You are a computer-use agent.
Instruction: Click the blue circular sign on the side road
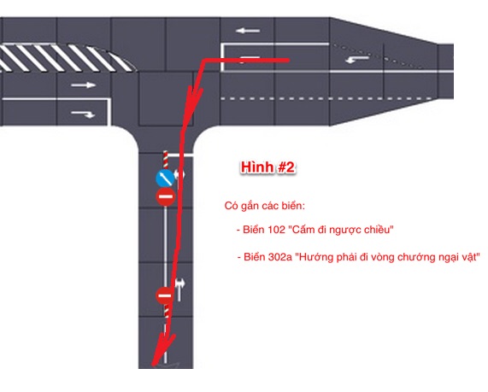pyautogui.click(x=165, y=178)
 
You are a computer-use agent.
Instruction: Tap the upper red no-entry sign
pyautogui.click(x=166, y=196)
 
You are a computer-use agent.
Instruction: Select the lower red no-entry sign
pyautogui.click(x=165, y=295)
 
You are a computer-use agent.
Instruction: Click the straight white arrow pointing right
pyautogui.click(x=83, y=85)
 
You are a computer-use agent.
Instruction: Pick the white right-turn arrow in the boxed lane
pyautogui.click(x=83, y=114)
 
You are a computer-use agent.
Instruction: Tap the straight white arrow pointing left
pyautogui.click(x=248, y=31)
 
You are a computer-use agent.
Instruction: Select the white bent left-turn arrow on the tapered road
pyautogui.click(x=357, y=59)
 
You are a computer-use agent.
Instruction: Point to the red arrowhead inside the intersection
pyautogui.click(x=194, y=97)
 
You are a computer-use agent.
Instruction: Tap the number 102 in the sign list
pyautogui.click(x=276, y=230)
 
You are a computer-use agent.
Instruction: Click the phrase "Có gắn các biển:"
pyautogui.click(x=265, y=206)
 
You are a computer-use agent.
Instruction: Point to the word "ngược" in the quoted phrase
pyautogui.click(x=346, y=231)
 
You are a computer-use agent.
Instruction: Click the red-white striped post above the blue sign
pyautogui.click(x=166, y=160)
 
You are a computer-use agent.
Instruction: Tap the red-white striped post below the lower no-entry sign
pyautogui.click(x=167, y=310)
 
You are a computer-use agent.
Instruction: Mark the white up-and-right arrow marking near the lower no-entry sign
pyautogui.click(x=179, y=290)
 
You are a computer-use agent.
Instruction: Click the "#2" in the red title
pyautogui.click(x=285, y=167)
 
